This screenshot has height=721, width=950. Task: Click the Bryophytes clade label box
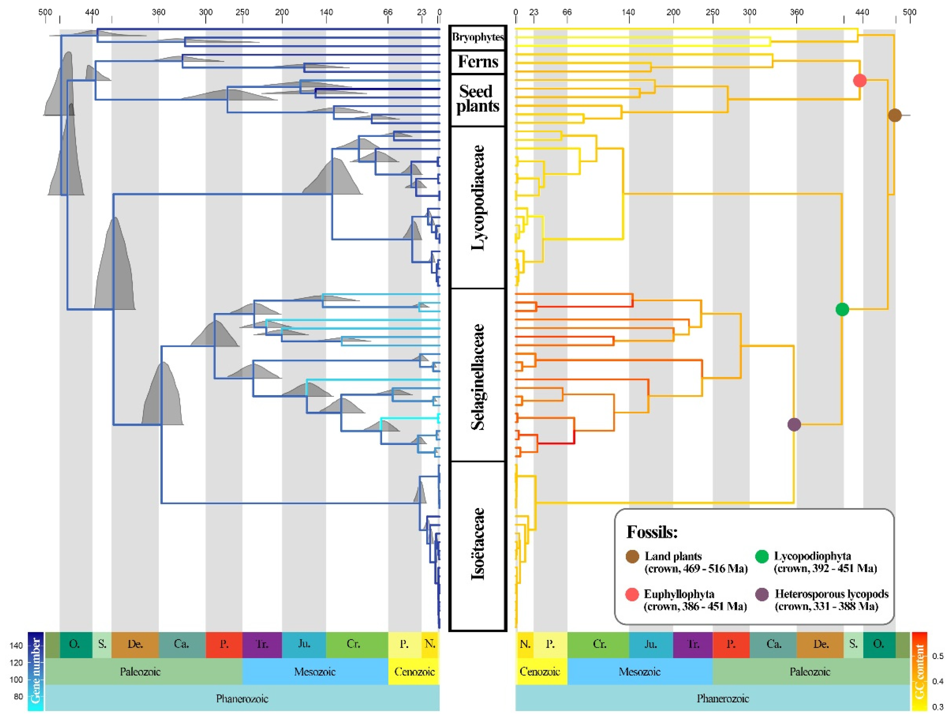478,37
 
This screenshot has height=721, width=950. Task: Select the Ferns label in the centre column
478,62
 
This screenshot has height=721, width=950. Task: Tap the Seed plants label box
478,99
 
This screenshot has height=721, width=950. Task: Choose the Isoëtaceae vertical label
478,544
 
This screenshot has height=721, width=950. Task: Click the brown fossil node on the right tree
894,115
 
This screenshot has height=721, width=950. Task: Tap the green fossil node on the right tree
842,309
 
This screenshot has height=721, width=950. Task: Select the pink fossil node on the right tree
860,80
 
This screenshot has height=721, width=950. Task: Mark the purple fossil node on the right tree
794,424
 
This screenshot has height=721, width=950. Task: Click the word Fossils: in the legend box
652,532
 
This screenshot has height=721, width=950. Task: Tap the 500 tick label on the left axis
45,12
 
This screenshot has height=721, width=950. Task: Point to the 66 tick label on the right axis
567,12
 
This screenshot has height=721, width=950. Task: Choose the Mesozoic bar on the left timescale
315,672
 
